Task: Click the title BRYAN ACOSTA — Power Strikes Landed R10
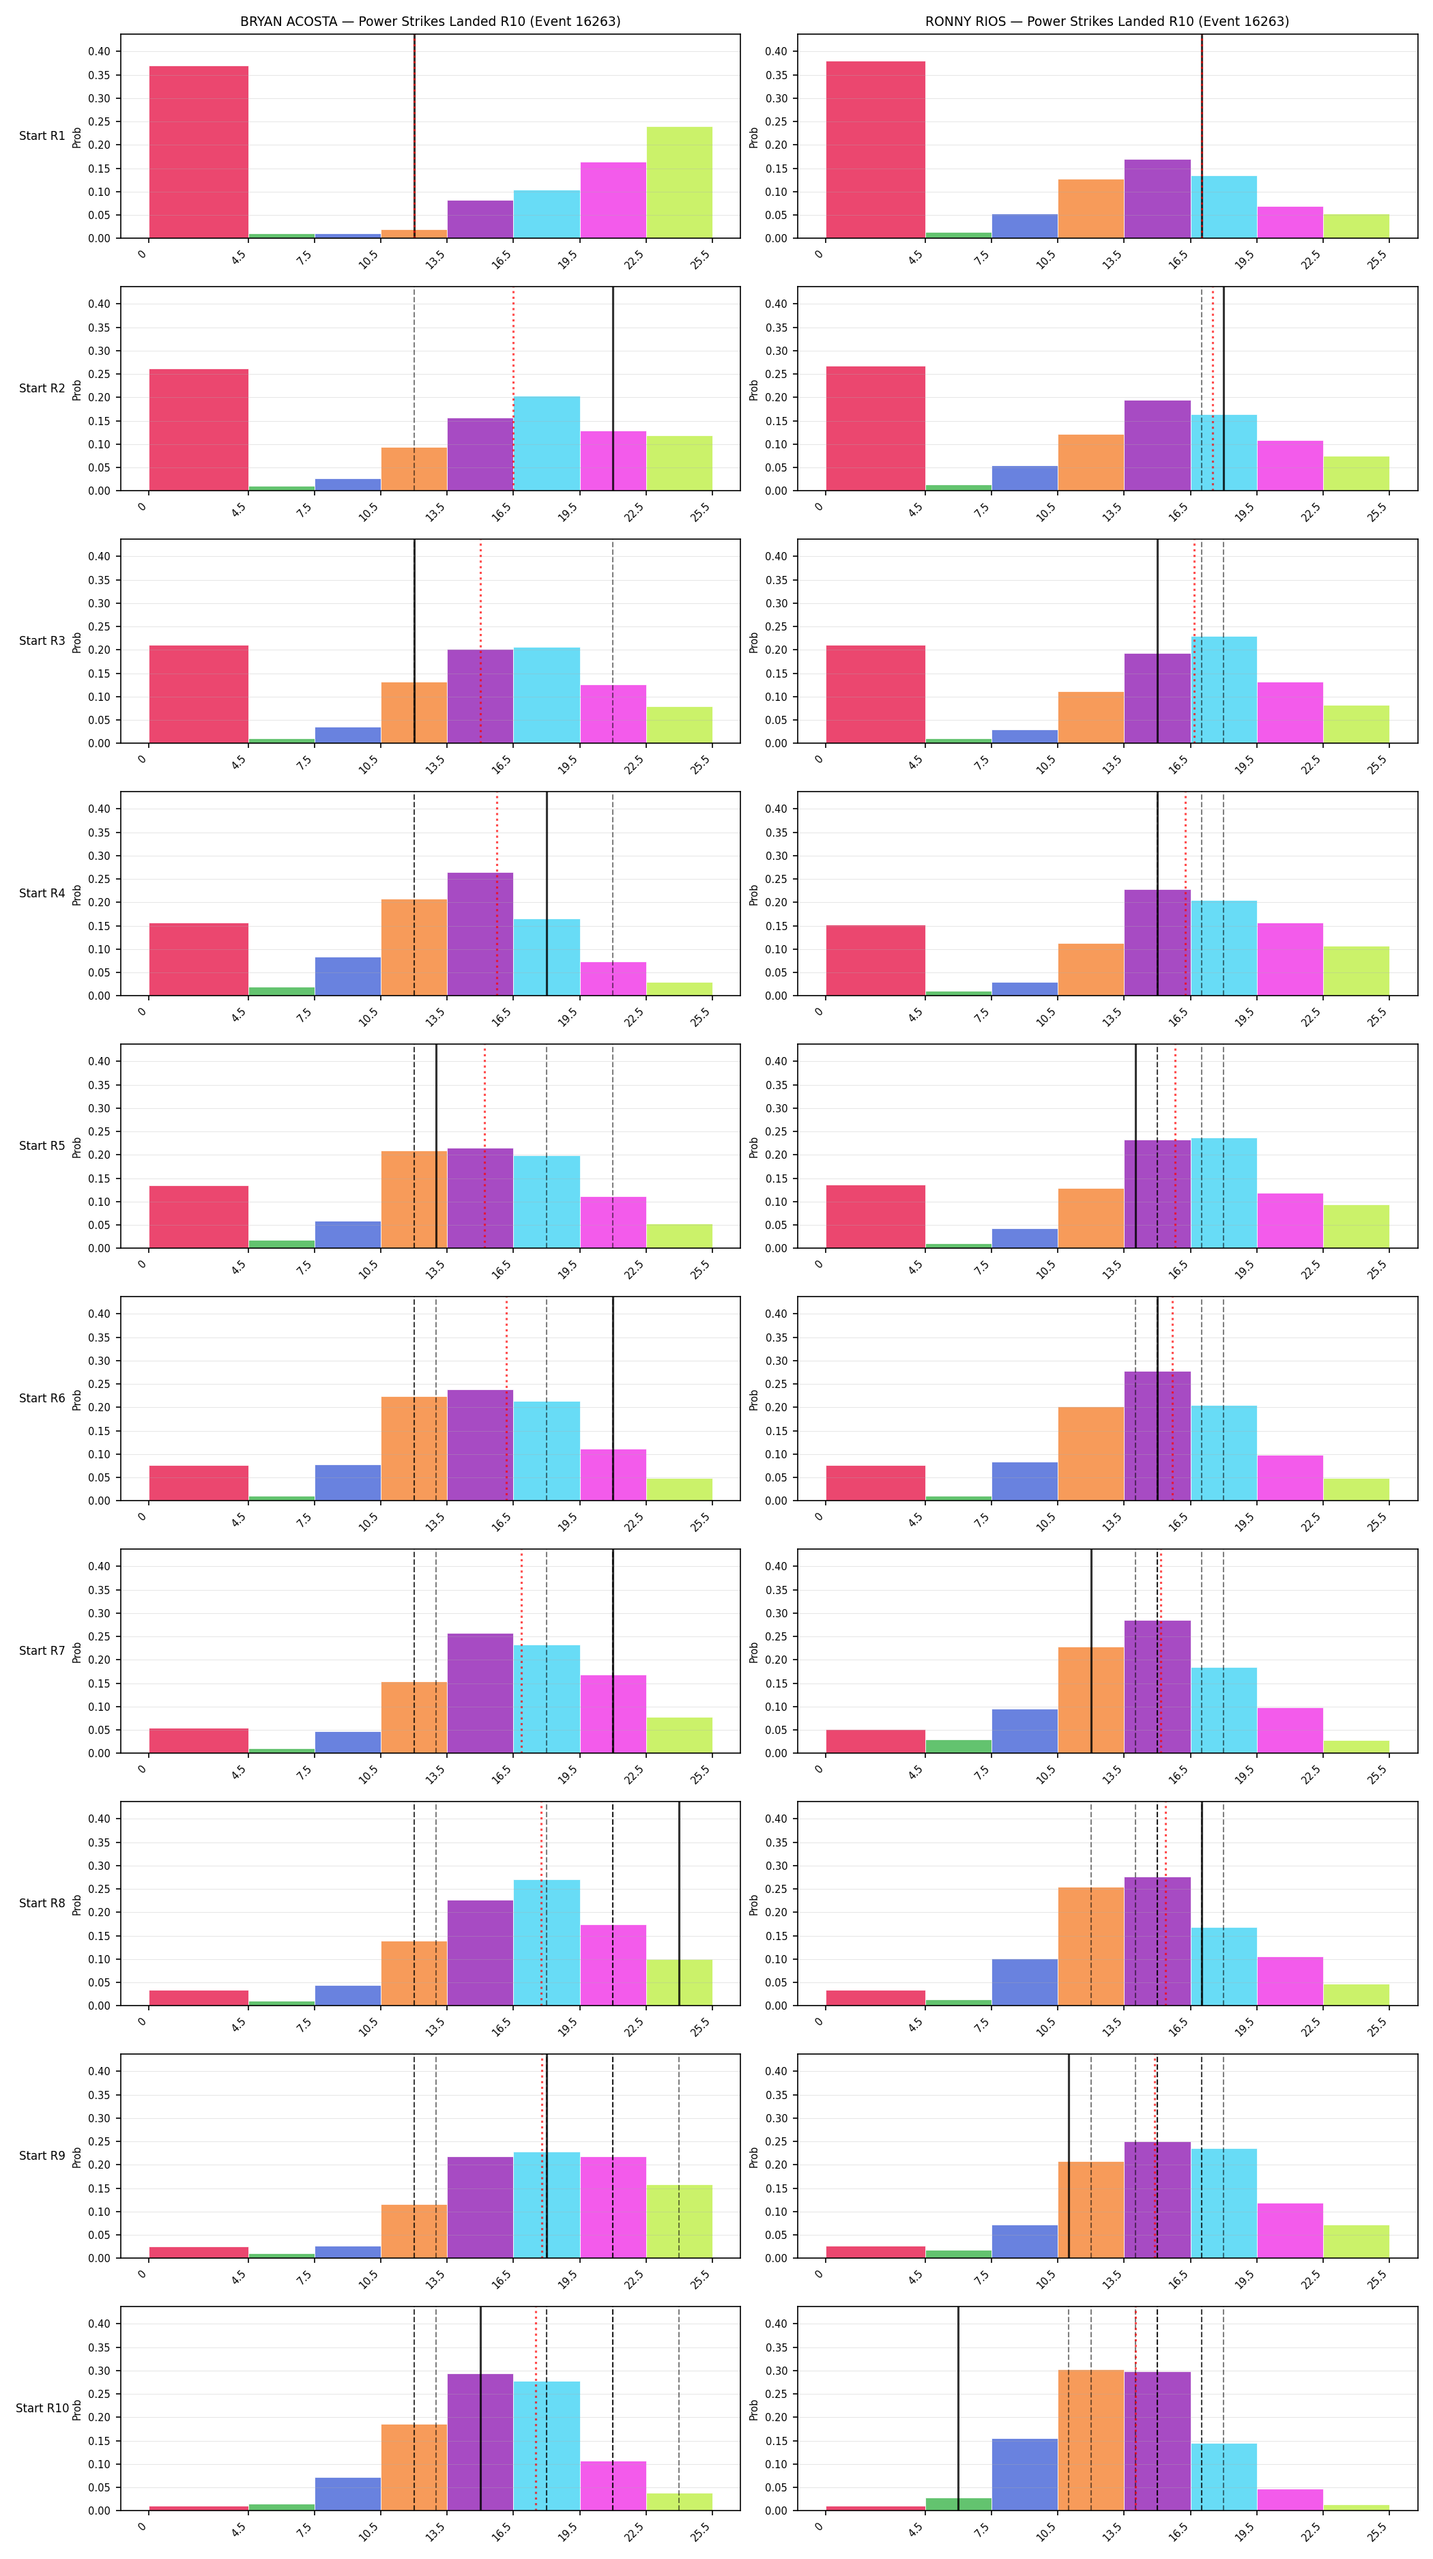[x=430, y=21]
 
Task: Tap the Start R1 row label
[x=42, y=136]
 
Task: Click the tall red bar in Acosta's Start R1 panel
[x=199, y=152]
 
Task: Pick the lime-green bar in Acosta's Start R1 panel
[x=679, y=183]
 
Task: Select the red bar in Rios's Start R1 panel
[x=875, y=150]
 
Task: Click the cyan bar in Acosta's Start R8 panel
[x=546, y=1942]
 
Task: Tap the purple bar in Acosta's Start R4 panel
[x=480, y=934]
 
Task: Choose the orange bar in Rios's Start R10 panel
[x=1090, y=2440]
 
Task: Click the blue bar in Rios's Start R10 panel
[x=1024, y=2474]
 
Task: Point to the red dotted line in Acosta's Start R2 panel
[x=513, y=390]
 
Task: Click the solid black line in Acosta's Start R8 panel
[x=679, y=1903]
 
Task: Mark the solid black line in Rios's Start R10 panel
[x=958, y=2408]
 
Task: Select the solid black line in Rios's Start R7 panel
[x=1091, y=1651]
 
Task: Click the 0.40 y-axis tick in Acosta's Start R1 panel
[x=100, y=52]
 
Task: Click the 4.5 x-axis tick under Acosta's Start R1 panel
[x=237, y=257]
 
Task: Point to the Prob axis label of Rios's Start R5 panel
[x=754, y=1146]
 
